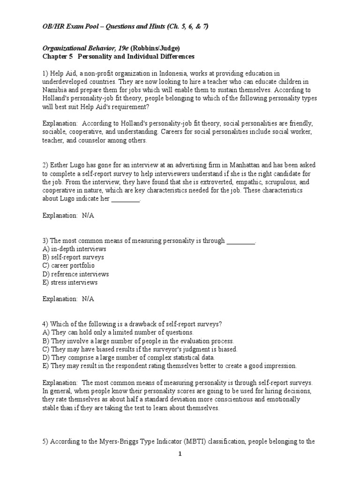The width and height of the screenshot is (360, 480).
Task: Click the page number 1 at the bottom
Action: pos(180,454)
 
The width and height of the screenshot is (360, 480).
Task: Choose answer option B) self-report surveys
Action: pos(73,257)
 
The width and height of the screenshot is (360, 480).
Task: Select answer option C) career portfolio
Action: pos(68,266)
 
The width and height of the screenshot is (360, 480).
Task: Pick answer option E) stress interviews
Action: pos(70,283)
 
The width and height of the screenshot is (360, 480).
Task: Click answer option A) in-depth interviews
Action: pos(74,249)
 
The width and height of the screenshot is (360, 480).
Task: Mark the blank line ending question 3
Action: pos(241,241)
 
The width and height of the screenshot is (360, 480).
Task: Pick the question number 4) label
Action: pos(45,324)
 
